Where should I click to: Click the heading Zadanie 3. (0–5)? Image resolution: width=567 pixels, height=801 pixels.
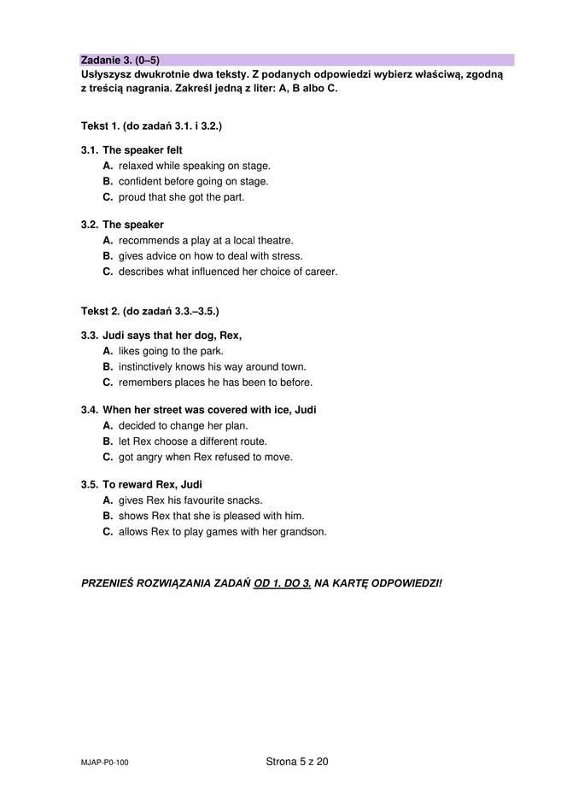click(120, 61)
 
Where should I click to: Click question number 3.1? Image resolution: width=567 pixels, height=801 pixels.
click(90, 150)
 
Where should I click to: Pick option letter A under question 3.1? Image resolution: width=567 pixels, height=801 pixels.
click(108, 166)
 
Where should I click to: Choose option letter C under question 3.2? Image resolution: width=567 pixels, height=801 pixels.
click(108, 272)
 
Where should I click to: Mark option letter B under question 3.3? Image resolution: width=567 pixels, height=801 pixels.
click(108, 366)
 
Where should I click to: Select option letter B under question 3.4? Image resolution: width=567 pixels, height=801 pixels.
click(108, 441)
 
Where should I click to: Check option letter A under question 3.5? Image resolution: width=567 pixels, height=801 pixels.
click(108, 500)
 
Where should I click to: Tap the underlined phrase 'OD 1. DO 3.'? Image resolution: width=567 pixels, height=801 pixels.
click(282, 583)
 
